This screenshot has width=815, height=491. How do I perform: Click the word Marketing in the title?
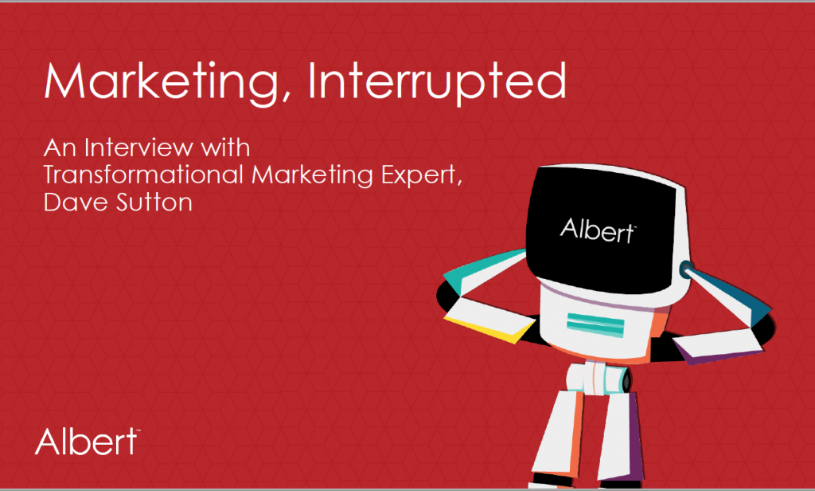pos(161,82)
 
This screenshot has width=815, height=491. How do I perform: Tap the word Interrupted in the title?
pos(437,82)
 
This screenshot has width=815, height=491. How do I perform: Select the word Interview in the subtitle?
pos(138,148)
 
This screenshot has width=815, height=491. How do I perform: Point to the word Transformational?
pos(143,175)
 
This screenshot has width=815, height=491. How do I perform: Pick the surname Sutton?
pos(154,202)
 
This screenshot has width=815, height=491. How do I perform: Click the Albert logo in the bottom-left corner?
pos(88,442)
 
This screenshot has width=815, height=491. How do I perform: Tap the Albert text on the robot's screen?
pos(598,230)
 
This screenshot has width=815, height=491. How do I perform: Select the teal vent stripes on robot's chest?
pos(595,325)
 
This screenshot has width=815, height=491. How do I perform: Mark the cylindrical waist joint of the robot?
pos(598,379)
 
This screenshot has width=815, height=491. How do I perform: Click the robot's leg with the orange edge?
pos(560,432)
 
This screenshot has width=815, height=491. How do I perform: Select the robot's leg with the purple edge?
pos(621,435)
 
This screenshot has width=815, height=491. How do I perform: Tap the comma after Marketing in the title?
pos(286,95)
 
